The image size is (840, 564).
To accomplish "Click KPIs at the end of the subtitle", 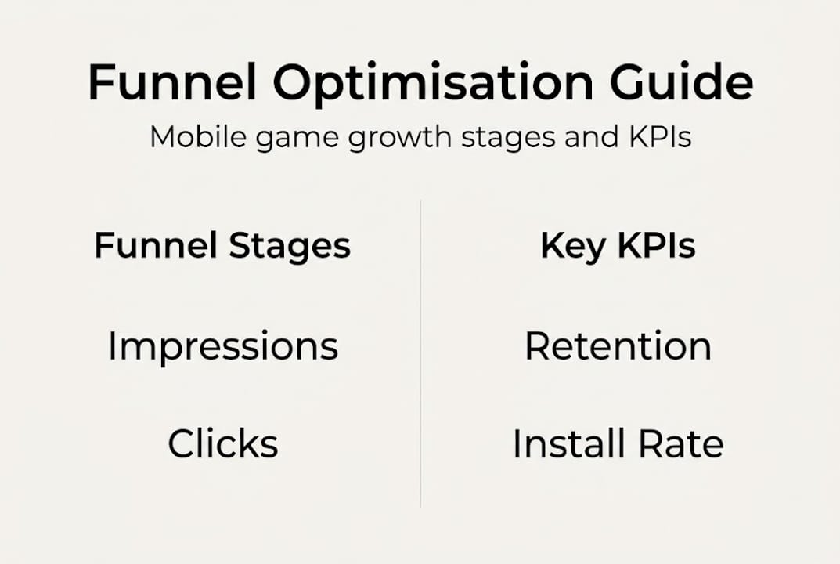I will tap(663, 137).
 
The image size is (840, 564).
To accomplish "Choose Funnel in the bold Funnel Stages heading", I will tap(155, 246).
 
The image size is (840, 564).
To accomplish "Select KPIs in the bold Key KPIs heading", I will tap(656, 246).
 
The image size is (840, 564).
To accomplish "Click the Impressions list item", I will tap(223, 347).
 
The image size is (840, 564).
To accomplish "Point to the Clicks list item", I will tap(223, 443).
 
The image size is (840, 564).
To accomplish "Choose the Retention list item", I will tap(618, 346).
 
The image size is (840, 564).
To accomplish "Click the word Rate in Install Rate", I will tap(681, 443).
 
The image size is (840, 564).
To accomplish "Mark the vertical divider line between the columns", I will tap(420, 352).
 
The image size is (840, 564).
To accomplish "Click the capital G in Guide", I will tap(635, 82).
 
